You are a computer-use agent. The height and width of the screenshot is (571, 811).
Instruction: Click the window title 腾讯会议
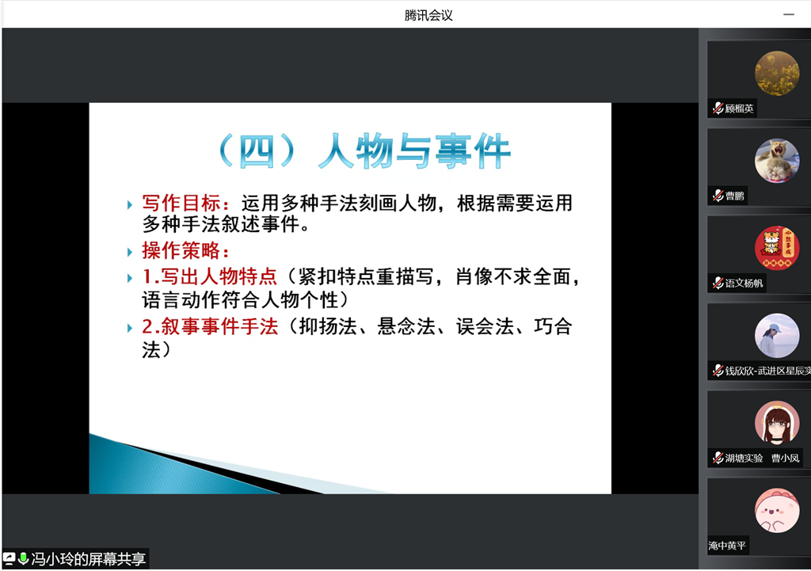click(428, 16)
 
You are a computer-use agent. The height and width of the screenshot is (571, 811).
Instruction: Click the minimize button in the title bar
click(788, 15)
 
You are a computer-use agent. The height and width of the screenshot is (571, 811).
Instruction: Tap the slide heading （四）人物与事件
click(363, 151)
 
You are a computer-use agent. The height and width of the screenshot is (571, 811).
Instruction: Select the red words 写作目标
click(181, 204)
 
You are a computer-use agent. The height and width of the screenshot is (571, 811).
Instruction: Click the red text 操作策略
click(181, 250)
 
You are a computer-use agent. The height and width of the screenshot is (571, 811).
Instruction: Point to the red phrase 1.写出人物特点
click(209, 276)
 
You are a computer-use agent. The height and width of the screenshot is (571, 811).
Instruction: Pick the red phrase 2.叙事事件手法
click(210, 326)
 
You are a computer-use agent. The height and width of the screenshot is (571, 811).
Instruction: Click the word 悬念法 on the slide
click(406, 326)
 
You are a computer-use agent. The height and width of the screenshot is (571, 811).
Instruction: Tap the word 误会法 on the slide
click(484, 326)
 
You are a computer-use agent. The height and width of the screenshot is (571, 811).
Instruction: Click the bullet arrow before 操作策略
click(130, 252)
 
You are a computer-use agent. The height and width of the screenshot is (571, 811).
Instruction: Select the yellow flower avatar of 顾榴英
click(777, 73)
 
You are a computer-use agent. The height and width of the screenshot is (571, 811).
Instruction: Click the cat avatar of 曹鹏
click(777, 161)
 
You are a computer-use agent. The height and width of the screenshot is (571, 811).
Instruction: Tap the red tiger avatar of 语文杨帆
click(777, 248)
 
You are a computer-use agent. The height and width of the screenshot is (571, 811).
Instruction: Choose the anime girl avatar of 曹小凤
click(777, 423)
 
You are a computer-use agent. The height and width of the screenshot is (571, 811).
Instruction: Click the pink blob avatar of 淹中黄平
click(777, 511)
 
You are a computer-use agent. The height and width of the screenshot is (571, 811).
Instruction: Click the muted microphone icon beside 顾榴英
click(718, 108)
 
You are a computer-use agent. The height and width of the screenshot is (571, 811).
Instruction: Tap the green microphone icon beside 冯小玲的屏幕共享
click(23, 558)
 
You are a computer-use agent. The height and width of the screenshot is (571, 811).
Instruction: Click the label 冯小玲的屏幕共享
click(89, 559)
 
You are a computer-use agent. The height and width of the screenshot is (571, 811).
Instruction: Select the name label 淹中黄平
click(727, 546)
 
